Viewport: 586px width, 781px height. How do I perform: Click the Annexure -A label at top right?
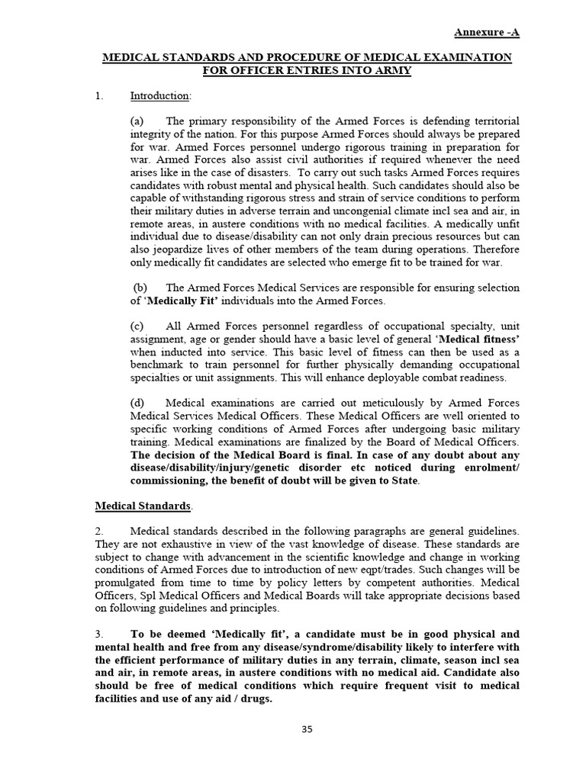(488, 32)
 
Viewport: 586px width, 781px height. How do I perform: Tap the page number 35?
(307, 729)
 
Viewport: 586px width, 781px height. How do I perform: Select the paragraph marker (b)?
(140, 288)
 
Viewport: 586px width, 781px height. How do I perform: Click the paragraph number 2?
(98, 530)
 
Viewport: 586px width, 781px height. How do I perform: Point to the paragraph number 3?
(98, 634)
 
